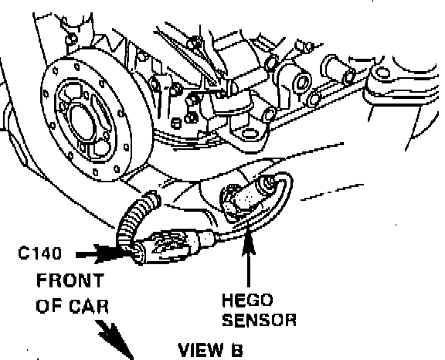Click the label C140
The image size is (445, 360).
pyautogui.click(x=39, y=253)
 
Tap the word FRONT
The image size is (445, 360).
pyautogui.click(x=70, y=280)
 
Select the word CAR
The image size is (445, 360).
pyautogui.click(x=89, y=307)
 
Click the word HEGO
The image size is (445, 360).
pyautogui.click(x=247, y=301)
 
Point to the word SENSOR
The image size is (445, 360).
pyautogui.click(x=259, y=320)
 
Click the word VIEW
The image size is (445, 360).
pyautogui.click(x=201, y=350)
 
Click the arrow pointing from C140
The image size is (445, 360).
pyautogui.click(x=100, y=254)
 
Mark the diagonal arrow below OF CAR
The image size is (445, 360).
pyautogui.click(x=115, y=339)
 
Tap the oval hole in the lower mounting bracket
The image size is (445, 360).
pyautogui.click(x=249, y=134)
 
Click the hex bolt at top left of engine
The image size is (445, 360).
pyautogui.click(x=71, y=39)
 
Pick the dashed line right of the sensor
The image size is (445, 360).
pyautogui.click(x=332, y=192)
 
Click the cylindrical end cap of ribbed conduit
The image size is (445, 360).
pyautogui.click(x=152, y=199)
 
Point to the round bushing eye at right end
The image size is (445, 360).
pyautogui.click(x=382, y=72)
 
